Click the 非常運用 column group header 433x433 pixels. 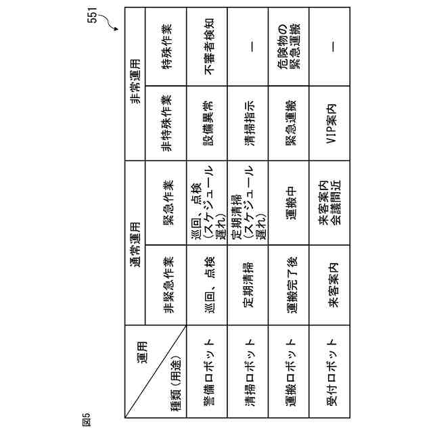135,82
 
